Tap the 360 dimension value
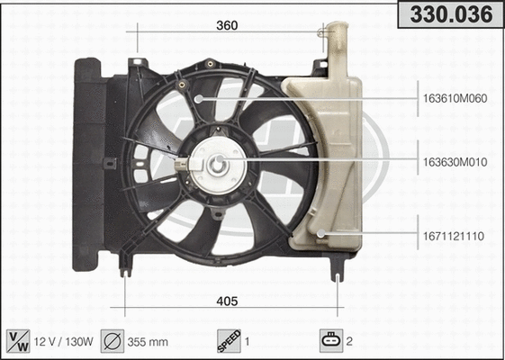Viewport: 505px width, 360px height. (x=227, y=26)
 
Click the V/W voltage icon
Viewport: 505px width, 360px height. (x=18, y=340)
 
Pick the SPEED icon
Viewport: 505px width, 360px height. (x=229, y=340)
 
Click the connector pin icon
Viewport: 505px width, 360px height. (x=330, y=340)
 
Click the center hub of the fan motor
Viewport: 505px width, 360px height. (x=218, y=165)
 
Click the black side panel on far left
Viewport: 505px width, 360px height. (x=87, y=162)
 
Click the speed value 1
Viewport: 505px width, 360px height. (x=248, y=341)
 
